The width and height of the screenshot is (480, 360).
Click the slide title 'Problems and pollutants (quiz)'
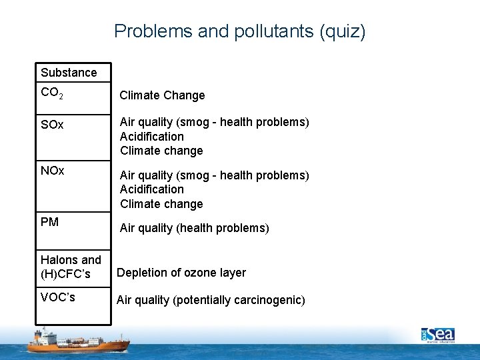239,31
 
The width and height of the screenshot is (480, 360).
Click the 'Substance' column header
69,72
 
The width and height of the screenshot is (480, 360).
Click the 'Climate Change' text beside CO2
162,95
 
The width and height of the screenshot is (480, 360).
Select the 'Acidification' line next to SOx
152,137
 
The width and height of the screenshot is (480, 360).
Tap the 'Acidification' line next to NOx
152,189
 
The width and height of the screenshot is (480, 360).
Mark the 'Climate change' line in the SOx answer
161,151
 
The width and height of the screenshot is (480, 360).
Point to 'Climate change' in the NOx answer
161,204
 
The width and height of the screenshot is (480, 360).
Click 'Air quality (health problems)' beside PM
195,228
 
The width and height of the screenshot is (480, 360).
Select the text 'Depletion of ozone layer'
181,273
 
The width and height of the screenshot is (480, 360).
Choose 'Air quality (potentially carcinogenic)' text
211,300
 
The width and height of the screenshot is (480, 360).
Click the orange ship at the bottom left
77,341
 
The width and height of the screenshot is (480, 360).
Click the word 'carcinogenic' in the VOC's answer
269,300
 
